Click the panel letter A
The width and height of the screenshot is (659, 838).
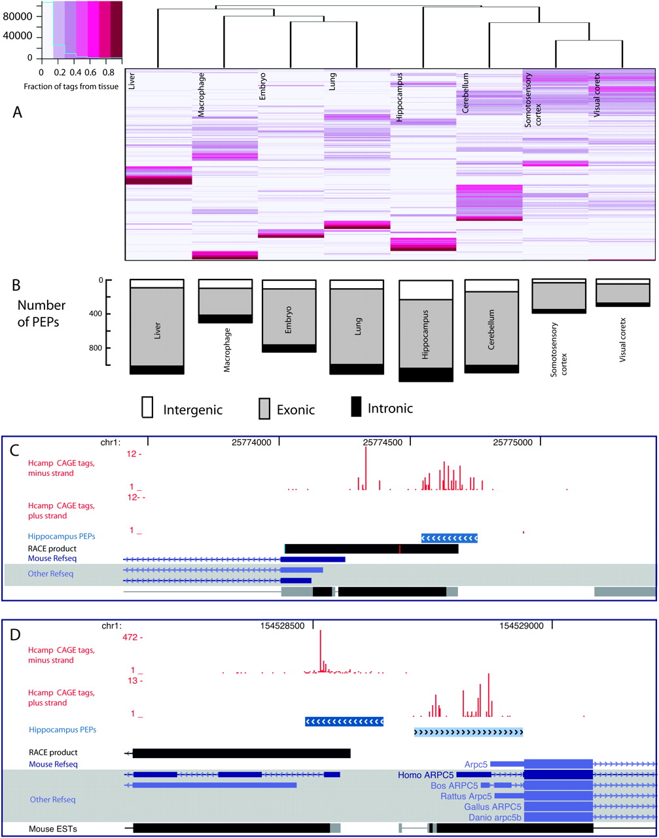(x=19, y=113)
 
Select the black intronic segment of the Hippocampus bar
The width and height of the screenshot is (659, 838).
(x=425, y=374)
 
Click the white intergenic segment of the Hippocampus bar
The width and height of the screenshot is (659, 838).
(x=425, y=290)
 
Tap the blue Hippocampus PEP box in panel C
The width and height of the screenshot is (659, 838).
(x=450, y=538)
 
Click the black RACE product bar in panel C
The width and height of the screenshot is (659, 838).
(x=371, y=548)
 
